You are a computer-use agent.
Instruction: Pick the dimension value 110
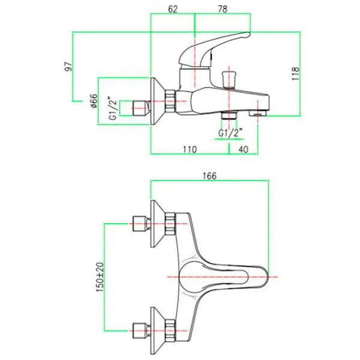(x=189, y=150)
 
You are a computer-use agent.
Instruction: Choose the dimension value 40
(x=243, y=150)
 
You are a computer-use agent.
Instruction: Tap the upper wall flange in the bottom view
(x=157, y=224)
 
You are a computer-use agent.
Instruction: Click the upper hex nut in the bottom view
(x=172, y=224)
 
